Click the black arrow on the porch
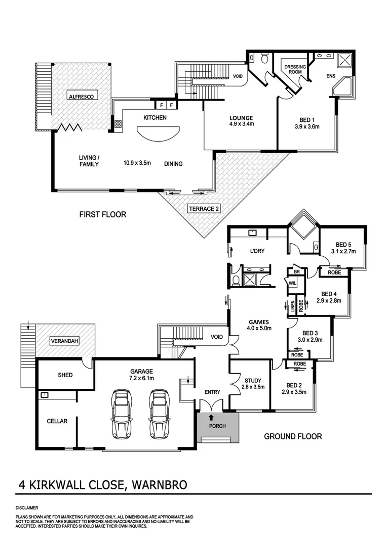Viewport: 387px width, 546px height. coord(211,418)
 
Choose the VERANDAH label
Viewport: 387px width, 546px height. coord(64,341)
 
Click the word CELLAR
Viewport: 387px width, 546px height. coord(57,421)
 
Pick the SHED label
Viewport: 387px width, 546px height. coord(65,375)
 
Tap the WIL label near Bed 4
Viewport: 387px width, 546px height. coord(293,283)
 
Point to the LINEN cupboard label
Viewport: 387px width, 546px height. coord(292,306)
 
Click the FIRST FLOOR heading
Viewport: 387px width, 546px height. coord(103,214)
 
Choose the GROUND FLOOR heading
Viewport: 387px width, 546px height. coord(293,436)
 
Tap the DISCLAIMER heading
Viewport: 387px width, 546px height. coord(26,507)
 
